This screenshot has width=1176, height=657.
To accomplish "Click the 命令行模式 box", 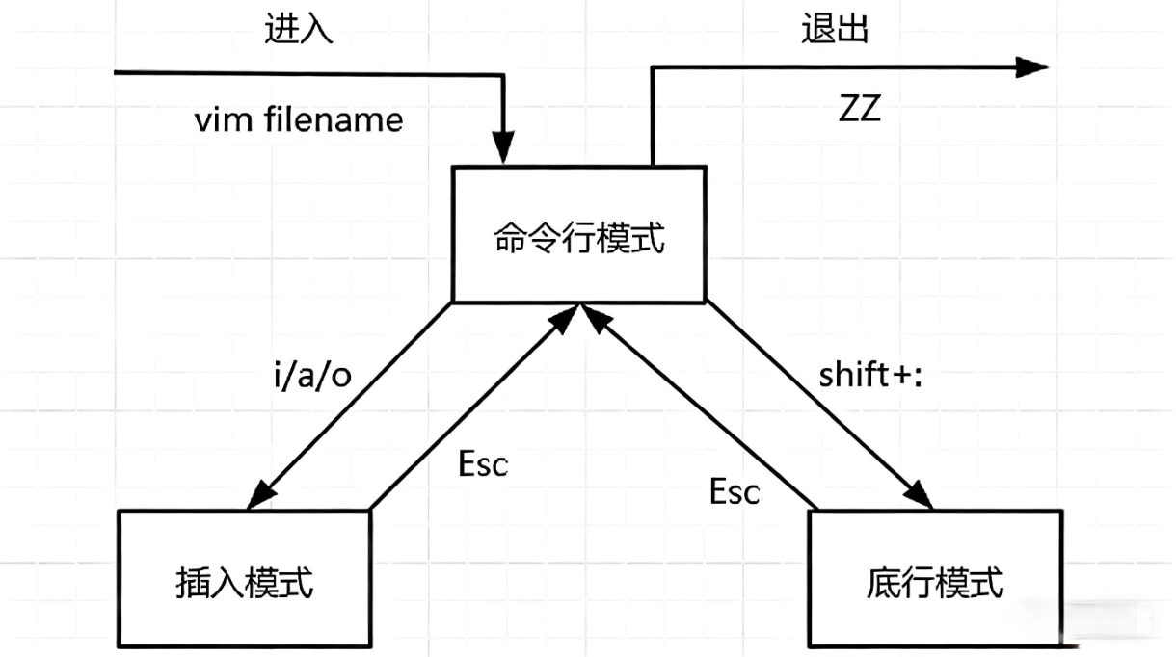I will (x=579, y=233).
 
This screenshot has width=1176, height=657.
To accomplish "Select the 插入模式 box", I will (x=245, y=578).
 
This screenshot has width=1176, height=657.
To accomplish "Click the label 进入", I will (x=299, y=30).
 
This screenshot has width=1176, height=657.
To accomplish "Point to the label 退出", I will (x=835, y=30).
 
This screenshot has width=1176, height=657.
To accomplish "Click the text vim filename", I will (x=299, y=120).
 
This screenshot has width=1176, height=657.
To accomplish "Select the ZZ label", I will (x=859, y=110).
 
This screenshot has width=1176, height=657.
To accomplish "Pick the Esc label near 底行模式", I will (x=735, y=491).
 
